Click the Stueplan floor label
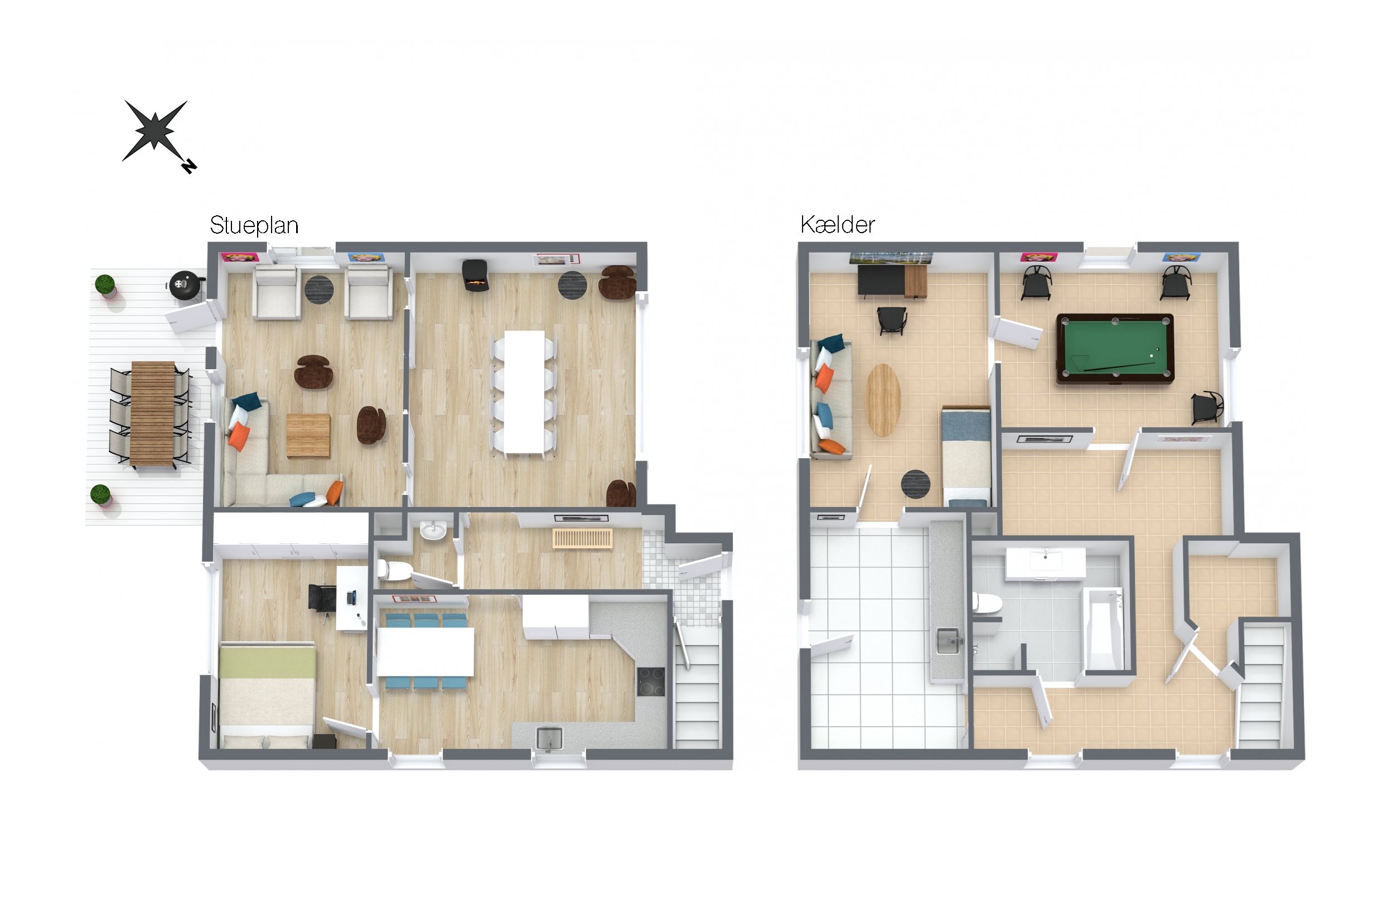(254, 226)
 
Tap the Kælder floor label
(837, 225)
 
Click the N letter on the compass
(188, 166)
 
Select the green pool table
(1114, 349)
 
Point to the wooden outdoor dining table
(153, 414)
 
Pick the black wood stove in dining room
(476, 275)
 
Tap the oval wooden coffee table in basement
(883, 400)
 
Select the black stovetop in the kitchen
(651, 682)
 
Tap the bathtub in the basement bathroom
(1102, 629)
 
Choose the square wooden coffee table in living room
(308, 435)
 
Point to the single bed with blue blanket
(966, 456)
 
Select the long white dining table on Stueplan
(524, 392)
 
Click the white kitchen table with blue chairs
(425, 651)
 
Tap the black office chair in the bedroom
(320, 597)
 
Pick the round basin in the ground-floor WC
(433, 529)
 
